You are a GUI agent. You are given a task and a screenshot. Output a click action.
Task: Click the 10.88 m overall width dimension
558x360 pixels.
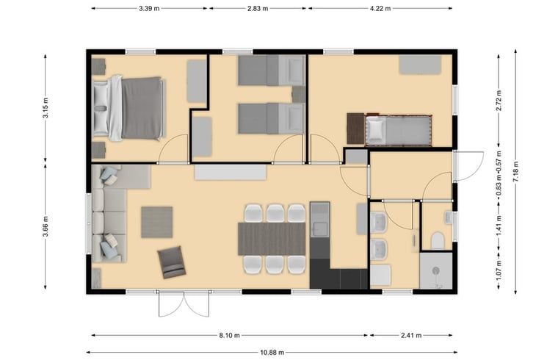point(272,353)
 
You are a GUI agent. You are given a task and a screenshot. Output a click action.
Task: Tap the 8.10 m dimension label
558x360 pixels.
point(229,335)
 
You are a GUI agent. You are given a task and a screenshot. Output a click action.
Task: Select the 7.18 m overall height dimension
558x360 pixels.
point(515,172)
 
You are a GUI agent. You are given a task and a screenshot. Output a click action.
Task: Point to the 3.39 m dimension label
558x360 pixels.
point(149,8)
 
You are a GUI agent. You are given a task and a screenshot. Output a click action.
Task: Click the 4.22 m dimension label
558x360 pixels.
point(380,8)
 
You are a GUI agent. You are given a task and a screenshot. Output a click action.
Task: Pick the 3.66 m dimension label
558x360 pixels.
point(46,226)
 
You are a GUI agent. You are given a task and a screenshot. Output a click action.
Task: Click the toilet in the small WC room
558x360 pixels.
point(438,240)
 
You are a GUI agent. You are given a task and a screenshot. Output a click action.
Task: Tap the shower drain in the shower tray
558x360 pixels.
point(436,271)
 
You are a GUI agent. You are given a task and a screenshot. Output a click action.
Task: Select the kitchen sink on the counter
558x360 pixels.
point(320,229)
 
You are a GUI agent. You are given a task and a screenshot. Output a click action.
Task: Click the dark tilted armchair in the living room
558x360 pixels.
point(172,262)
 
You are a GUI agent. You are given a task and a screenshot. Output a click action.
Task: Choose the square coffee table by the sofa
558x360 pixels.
point(157,222)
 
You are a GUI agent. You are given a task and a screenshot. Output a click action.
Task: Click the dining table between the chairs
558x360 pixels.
point(272,239)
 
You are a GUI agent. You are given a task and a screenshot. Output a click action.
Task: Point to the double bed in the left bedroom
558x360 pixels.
point(129,108)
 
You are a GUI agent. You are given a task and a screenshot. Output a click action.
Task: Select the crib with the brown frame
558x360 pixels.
point(398,130)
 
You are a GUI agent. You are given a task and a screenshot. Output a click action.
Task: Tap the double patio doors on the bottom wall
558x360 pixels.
point(184,303)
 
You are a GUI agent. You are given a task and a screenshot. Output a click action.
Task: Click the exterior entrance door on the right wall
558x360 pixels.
point(468,166)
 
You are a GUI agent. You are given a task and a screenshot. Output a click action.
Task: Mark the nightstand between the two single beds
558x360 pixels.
point(299,94)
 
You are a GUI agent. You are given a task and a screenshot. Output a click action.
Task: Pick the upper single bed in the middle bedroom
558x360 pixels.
point(272,70)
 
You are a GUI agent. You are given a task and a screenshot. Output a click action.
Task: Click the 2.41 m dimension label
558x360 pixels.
point(411,335)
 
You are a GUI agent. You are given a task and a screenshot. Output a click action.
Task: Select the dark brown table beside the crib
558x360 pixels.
point(355,129)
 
